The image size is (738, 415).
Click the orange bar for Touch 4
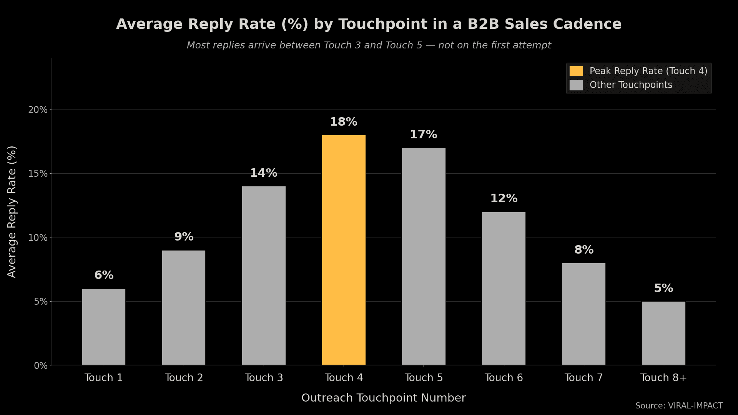click(x=344, y=250)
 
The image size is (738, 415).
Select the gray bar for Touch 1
click(x=104, y=327)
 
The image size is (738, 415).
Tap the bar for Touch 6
click(x=504, y=288)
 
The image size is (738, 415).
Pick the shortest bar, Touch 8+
click(x=663, y=333)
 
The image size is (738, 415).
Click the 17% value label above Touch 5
click(x=424, y=135)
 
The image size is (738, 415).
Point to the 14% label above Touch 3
click(x=264, y=173)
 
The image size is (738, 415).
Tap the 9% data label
click(x=184, y=237)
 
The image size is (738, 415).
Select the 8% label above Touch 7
click(x=584, y=250)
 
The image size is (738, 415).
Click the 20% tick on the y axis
click(x=38, y=110)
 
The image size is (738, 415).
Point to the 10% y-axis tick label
click(x=38, y=238)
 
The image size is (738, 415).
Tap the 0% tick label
click(x=40, y=366)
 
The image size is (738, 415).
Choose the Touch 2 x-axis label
click(x=184, y=378)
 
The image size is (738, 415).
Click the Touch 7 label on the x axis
click(x=583, y=378)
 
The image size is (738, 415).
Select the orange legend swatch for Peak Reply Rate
click(x=576, y=71)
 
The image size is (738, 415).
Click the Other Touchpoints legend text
click(x=631, y=85)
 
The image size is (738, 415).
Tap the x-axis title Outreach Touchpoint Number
click(x=383, y=398)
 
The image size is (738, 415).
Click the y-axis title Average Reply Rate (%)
click(x=12, y=211)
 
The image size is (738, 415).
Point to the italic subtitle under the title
click(x=369, y=45)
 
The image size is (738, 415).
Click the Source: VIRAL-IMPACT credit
click(x=679, y=406)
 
